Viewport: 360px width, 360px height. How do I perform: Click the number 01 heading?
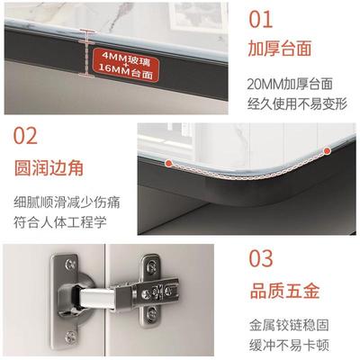point(261,19)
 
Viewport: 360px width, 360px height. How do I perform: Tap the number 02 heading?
point(26,138)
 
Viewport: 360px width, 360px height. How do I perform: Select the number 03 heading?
point(261,259)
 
